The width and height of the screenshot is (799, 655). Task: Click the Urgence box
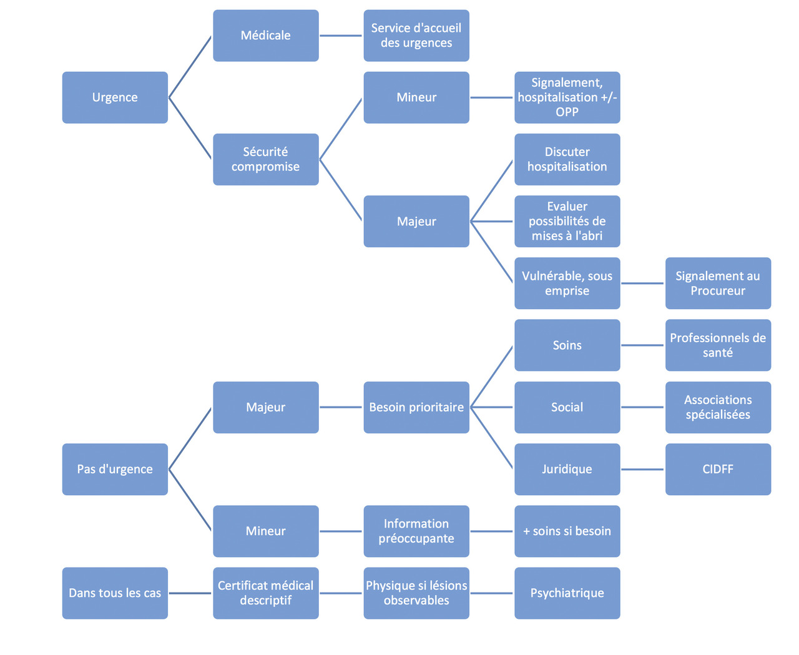(115, 97)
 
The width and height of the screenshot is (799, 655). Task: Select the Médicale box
(266, 36)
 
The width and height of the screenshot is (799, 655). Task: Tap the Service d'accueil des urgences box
(416, 36)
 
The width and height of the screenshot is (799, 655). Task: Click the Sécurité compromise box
(266, 159)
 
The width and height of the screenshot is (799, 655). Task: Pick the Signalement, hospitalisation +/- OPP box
(567, 97)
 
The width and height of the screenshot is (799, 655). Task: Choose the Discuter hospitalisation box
(567, 159)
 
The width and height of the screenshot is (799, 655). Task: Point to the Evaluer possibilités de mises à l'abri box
(567, 221)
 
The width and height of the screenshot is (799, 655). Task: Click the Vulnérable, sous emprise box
(567, 283)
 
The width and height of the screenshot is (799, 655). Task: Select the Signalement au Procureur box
(718, 283)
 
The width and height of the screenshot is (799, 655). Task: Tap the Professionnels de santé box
(718, 345)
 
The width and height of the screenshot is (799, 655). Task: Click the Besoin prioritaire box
(416, 407)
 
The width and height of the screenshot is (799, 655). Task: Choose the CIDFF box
(718, 469)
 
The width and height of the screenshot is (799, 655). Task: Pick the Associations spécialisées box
(718, 407)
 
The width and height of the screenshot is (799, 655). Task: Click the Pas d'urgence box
(115, 469)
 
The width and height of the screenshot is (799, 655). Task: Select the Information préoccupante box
(416, 531)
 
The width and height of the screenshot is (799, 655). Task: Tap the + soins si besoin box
(567, 531)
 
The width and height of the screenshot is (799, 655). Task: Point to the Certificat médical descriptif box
(266, 593)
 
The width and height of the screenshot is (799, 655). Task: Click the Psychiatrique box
(567, 593)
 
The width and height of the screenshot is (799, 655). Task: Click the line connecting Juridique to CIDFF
(642, 469)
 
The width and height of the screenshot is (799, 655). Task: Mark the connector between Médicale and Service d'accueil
(341, 36)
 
